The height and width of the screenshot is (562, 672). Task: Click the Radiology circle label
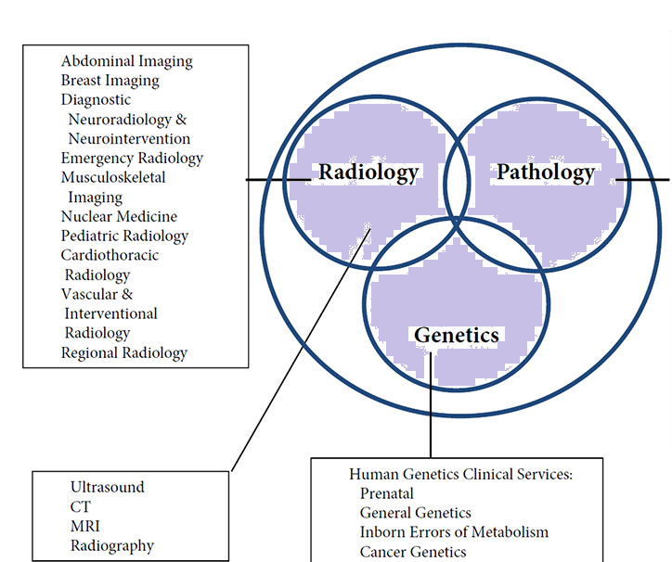point(368,172)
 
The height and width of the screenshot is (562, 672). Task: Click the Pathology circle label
point(545,172)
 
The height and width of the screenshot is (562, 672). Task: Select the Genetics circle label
point(456,335)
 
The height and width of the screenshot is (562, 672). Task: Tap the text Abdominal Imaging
point(127,61)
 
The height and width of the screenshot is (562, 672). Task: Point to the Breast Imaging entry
point(110,81)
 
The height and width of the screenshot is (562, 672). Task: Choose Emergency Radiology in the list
point(132,158)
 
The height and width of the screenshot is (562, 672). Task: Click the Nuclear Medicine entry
point(119,216)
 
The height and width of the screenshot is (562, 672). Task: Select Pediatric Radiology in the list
point(124,236)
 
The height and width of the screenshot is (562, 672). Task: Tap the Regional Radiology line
point(123,352)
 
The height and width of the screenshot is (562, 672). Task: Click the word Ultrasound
point(108,487)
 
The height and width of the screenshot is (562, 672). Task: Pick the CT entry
point(81,506)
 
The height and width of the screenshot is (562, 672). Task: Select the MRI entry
point(85,526)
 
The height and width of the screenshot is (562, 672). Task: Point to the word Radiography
point(112,545)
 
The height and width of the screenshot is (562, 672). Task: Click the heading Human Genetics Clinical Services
point(460,474)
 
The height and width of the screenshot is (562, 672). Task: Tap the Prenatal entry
point(387,493)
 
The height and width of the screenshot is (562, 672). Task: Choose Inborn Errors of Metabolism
point(454,532)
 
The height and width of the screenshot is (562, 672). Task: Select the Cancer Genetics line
point(413,552)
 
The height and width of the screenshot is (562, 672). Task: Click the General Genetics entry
point(415,513)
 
